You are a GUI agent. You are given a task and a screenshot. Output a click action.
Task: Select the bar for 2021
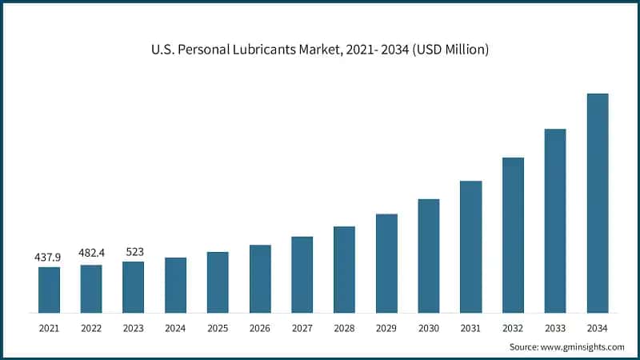50,289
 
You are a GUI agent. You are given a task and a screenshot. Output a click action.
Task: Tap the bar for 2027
302,274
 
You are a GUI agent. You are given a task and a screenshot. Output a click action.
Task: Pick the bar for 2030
429,255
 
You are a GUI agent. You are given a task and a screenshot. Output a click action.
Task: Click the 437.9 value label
49,258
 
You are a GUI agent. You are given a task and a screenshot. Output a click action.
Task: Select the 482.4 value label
91,253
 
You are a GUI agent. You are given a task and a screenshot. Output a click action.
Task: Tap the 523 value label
134,251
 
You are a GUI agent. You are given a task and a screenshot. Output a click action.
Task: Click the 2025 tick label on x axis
218,328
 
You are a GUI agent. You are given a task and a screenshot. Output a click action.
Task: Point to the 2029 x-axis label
386,328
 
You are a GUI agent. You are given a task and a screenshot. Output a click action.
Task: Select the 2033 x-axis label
555,328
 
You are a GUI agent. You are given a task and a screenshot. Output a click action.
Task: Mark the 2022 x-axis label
91,328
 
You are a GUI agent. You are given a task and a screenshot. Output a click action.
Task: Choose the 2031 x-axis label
470,328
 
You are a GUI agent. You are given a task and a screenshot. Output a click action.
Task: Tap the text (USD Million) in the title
446,50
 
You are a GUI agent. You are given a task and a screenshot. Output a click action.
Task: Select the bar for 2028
344,269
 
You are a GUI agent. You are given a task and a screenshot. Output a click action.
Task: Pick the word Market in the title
320,50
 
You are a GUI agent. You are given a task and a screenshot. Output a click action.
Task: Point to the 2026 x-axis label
260,328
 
